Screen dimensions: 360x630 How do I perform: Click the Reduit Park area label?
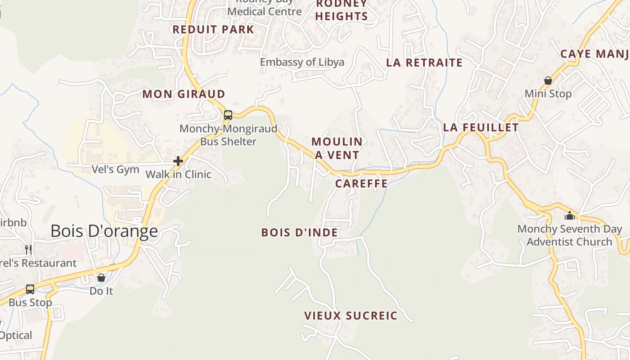pyautogui.click(x=213, y=30)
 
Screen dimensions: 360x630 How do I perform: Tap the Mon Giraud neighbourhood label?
pyautogui.click(x=184, y=94)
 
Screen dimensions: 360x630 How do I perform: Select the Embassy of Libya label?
pyautogui.click(x=302, y=62)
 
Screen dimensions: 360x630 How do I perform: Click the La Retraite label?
pyautogui.click(x=424, y=63)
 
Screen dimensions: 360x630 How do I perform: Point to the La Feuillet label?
pyautogui.click(x=481, y=127)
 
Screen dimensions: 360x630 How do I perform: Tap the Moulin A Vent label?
pyautogui.click(x=337, y=148)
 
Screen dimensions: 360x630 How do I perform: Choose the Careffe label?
pyautogui.click(x=361, y=183)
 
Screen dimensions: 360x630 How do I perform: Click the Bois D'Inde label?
pyautogui.click(x=299, y=232)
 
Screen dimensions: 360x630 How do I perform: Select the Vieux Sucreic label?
pyautogui.click(x=351, y=315)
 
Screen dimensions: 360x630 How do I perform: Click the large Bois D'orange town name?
pyautogui.click(x=104, y=231)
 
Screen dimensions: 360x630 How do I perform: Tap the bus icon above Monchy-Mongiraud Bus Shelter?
pyautogui.click(x=228, y=115)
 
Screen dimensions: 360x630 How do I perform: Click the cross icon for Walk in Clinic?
pyautogui.click(x=178, y=161)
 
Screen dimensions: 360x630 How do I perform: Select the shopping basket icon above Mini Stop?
pyautogui.click(x=548, y=81)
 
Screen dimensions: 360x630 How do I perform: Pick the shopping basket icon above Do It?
pyautogui.click(x=101, y=278)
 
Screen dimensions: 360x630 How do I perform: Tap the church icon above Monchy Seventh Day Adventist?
pyautogui.click(x=570, y=216)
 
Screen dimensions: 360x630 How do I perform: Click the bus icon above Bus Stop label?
pyautogui.click(x=30, y=289)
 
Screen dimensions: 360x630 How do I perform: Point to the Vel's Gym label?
pyautogui.click(x=115, y=169)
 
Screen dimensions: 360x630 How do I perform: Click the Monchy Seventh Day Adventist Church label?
pyautogui.click(x=569, y=235)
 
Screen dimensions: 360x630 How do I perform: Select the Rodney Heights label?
pyautogui.click(x=342, y=10)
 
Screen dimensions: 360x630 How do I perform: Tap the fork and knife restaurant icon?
pyautogui.click(x=28, y=249)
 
